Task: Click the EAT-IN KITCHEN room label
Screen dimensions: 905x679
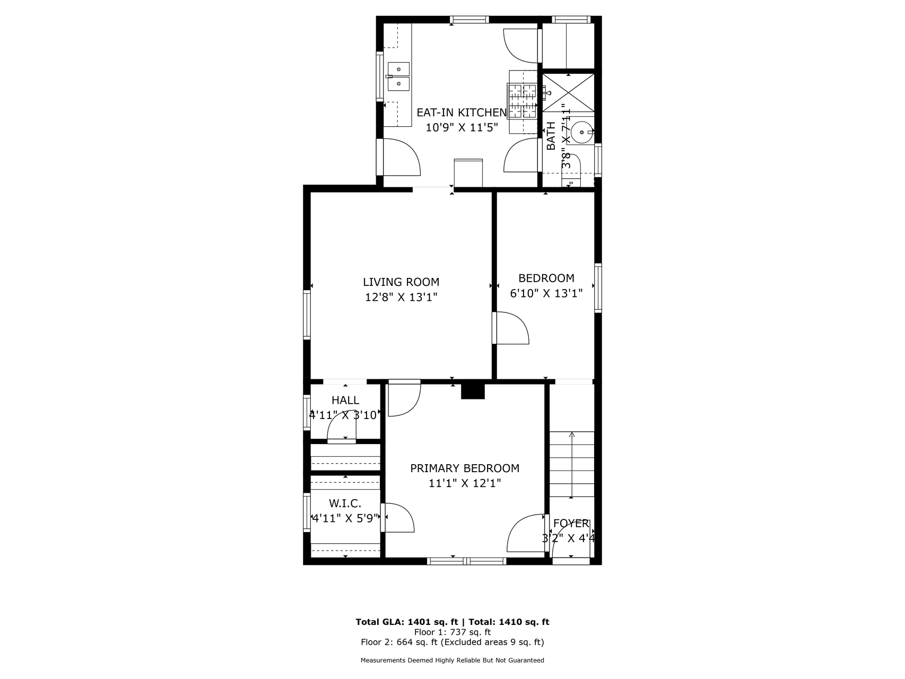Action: (x=462, y=112)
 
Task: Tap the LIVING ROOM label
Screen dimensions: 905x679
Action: (x=401, y=282)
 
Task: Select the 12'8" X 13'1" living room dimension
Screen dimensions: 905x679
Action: (x=401, y=297)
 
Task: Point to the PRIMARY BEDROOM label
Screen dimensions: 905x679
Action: (x=465, y=468)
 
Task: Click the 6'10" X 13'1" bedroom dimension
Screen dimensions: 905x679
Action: (x=546, y=293)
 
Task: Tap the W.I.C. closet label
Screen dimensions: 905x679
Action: (x=345, y=503)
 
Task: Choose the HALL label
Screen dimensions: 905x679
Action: (x=345, y=401)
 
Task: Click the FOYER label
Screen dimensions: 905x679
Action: (x=571, y=524)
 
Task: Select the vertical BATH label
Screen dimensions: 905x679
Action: (x=551, y=136)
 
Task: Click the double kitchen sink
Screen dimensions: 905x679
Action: (x=398, y=77)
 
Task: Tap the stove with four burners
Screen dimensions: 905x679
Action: (x=523, y=101)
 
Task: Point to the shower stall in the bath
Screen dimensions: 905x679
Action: (x=568, y=93)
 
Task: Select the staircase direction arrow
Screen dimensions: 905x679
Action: (x=571, y=465)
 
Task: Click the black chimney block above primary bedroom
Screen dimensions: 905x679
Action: (x=473, y=391)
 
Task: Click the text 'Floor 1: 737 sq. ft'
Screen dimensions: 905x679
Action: (x=452, y=632)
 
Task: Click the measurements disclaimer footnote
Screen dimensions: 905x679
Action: (x=452, y=660)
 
